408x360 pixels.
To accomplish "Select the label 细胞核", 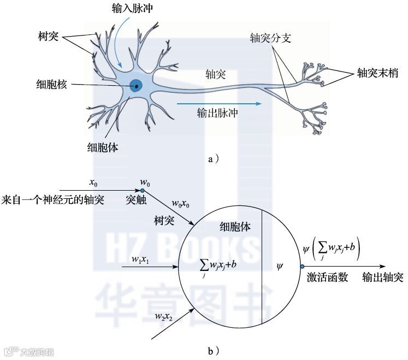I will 50,85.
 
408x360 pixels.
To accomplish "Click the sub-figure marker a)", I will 214,159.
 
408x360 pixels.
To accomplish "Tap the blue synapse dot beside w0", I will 143,190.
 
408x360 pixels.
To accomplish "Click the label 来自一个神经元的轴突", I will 53,199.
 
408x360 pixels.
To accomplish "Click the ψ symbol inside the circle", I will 280,267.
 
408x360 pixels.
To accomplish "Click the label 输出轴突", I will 383,278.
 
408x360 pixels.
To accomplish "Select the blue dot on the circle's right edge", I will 301,267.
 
